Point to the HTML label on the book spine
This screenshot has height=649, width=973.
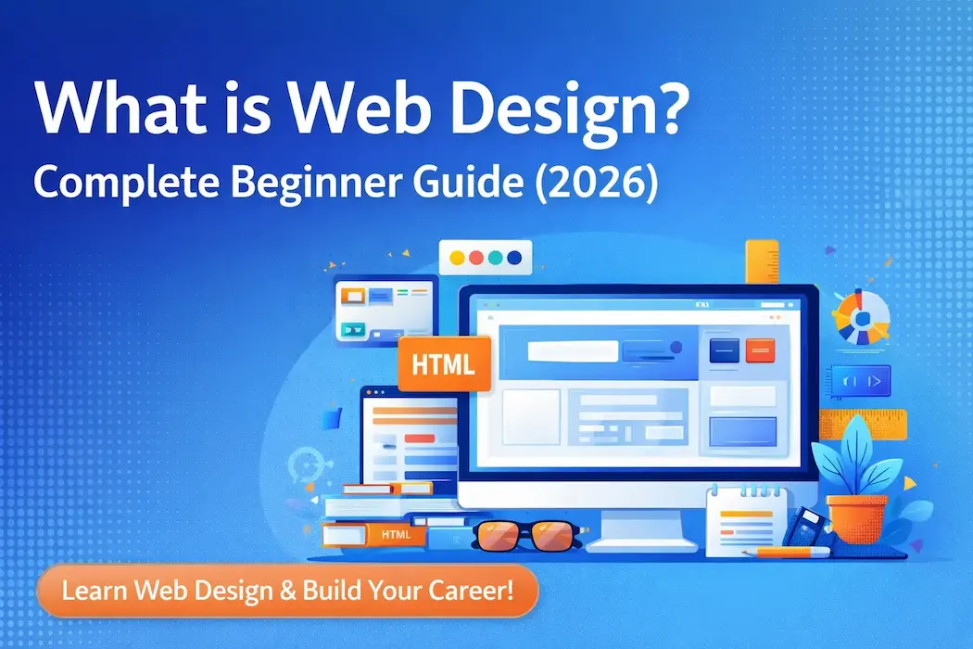[x=396, y=535]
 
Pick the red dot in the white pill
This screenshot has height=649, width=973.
[x=477, y=258]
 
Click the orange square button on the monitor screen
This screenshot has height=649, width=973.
[x=759, y=350]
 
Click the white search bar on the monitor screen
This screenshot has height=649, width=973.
[x=572, y=351]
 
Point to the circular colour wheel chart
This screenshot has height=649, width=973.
[x=861, y=315]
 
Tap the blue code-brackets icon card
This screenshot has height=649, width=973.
[x=861, y=379]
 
